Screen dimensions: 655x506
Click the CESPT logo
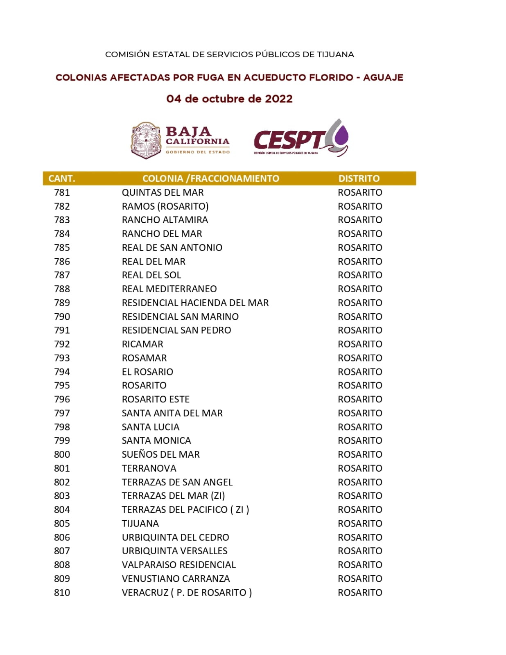tap(300, 138)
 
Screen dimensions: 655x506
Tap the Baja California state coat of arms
tap(146, 140)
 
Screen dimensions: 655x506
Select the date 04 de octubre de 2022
tap(229, 99)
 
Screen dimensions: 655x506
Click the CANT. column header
tap(62, 178)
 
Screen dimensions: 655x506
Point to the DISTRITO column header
tap(359, 178)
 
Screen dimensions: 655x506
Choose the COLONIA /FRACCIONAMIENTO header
tap(210, 178)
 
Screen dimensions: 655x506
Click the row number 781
tap(62, 192)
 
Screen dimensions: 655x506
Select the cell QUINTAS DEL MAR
tap(163, 192)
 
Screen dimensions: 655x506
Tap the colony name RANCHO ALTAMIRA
tap(165, 220)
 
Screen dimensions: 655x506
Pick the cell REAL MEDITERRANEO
tap(169, 289)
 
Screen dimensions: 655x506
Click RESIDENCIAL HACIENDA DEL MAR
tap(195, 303)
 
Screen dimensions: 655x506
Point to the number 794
tap(62, 372)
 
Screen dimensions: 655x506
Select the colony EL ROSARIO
tap(147, 372)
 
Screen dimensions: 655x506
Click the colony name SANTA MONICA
tap(156, 440)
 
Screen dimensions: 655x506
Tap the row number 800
tap(62, 454)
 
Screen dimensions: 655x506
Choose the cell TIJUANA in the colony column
tap(140, 524)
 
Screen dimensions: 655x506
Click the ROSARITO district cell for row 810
tap(360, 592)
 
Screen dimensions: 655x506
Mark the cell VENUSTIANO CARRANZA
tap(176, 578)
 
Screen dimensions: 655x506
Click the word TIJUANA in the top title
tap(335, 54)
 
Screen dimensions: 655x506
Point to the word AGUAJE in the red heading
tap(383, 77)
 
